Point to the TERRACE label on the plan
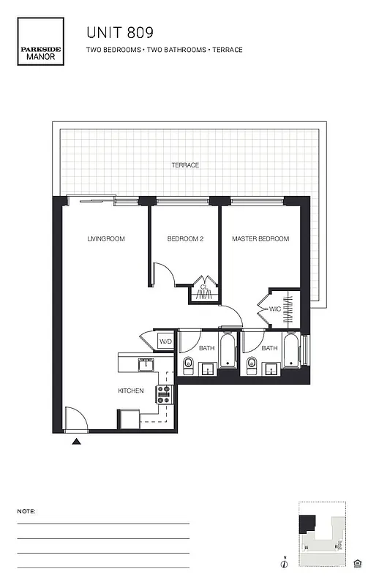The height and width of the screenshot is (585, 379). click(x=185, y=165)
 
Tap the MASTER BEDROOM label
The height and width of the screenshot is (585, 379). click(x=260, y=239)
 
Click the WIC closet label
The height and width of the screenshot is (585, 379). click(x=275, y=309)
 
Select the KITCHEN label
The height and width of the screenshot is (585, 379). click(x=131, y=391)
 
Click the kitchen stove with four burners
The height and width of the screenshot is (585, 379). click(x=163, y=395)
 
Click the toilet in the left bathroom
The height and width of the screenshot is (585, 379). click(x=188, y=363)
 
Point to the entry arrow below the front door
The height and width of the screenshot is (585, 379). click(x=76, y=441)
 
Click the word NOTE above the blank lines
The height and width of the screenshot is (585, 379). click(x=26, y=511)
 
